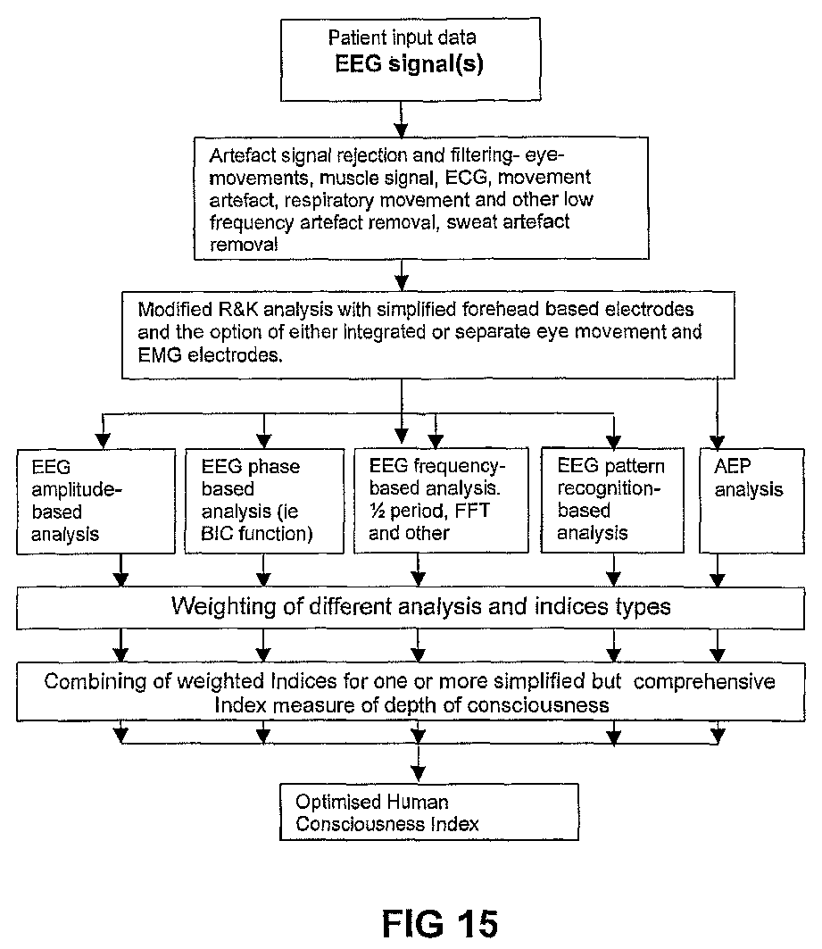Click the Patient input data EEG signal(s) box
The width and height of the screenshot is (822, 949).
pyautogui.click(x=410, y=59)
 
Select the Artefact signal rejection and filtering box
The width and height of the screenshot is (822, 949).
pyautogui.click(x=421, y=198)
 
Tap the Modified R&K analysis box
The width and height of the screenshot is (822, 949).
pyautogui.click(x=428, y=336)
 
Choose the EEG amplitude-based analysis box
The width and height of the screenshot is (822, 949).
pyautogui.click(x=95, y=501)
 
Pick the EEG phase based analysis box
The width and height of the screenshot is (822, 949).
pyautogui.click(x=264, y=501)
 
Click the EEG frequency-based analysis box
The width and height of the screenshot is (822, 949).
pyautogui.click(x=441, y=500)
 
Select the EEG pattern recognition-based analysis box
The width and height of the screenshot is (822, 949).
pyautogui.click(x=612, y=500)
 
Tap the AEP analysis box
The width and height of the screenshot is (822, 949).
pyautogui.click(x=751, y=501)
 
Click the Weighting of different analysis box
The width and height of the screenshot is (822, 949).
pyautogui.click(x=410, y=608)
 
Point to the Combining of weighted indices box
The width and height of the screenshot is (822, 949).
pyautogui.click(x=410, y=692)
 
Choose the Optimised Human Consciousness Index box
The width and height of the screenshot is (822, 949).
pyautogui.click(x=428, y=812)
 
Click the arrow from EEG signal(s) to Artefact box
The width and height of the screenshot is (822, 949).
pyautogui.click(x=401, y=120)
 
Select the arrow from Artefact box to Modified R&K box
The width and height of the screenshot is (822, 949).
pyautogui.click(x=401, y=276)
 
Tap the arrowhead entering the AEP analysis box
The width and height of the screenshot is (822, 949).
pyautogui.click(x=718, y=442)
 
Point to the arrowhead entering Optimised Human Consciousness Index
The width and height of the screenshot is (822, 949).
pyautogui.click(x=418, y=775)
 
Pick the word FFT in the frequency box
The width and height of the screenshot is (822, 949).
pyautogui.click(x=472, y=511)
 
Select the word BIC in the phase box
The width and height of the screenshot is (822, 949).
pyautogui.click(x=217, y=533)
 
